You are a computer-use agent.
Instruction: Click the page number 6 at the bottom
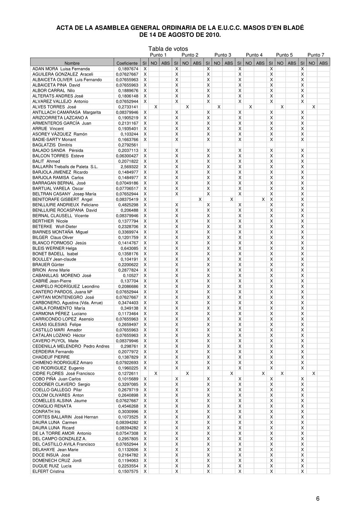click(x=317, y=498)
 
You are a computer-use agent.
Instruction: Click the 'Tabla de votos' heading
click(x=168, y=49)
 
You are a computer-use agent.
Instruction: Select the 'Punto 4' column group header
click(x=254, y=55)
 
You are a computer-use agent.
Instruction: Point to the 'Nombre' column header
click(x=72, y=64)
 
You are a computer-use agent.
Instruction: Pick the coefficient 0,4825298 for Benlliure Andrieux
click(x=128, y=205)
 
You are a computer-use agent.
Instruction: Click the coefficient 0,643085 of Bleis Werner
click(x=130, y=248)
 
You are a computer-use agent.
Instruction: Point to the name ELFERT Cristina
click(x=48, y=471)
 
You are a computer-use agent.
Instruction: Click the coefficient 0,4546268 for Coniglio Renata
click(x=128, y=406)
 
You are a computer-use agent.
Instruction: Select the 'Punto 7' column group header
click(x=316, y=55)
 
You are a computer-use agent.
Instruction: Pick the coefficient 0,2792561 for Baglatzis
click(x=128, y=145)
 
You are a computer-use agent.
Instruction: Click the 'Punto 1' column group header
click(x=158, y=55)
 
